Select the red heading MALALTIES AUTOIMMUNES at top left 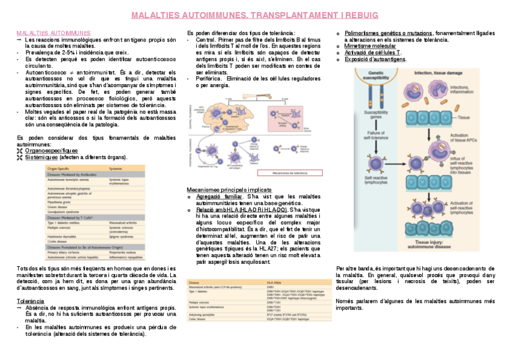coord(53,32)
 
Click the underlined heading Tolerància coord(30,300)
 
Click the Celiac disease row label coord(199,319)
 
